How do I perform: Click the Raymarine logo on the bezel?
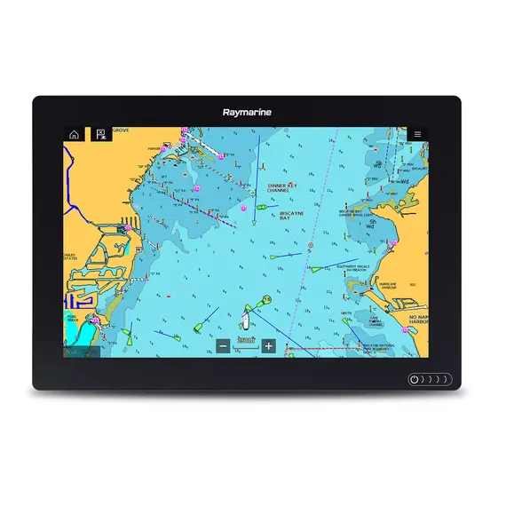point(252,113)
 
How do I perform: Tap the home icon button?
point(74,135)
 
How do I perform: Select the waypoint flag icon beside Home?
point(100,135)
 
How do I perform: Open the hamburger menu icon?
point(417,135)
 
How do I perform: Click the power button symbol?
point(415,379)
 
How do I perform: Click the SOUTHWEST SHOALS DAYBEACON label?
point(352,267)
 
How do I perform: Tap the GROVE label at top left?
point(120,130)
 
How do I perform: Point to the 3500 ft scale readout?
point(245,341)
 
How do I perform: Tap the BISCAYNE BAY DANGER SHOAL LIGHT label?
point(355,213)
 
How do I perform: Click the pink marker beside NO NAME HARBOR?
point(407,330)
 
